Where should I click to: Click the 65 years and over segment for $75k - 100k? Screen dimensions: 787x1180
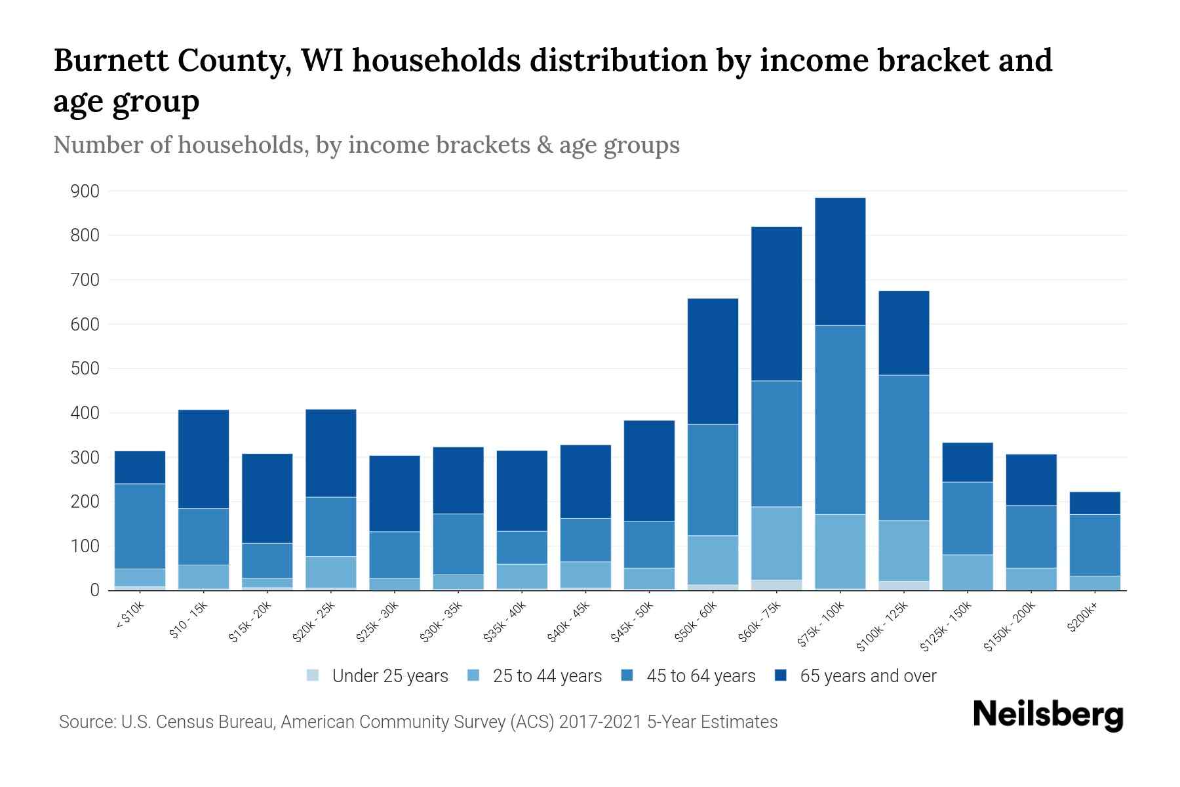tap(840, 262)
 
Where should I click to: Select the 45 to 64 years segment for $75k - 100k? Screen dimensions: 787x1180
tap(840, 420)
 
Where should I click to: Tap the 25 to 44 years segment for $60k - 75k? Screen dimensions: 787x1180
tap(776, 543)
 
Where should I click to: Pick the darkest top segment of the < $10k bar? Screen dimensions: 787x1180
tap(140, 467)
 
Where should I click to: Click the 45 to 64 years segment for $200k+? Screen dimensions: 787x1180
tap(1095, 545)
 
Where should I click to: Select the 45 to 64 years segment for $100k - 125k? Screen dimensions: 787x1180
tap(904, 448)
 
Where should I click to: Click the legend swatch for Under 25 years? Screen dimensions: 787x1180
tap(313, 676)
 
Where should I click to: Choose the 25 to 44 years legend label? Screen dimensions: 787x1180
tap(547, 676)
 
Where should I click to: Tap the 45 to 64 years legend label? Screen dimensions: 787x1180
tap(701, 676)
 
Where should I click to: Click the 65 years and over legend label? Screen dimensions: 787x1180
tap(868, 676)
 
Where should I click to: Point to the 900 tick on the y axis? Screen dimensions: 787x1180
tap(85, 192)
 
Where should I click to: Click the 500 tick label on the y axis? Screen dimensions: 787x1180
tap(85, 369)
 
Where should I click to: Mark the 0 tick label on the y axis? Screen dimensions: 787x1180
tap(94, 590)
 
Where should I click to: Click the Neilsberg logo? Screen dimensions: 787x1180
tap(1048, 714)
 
